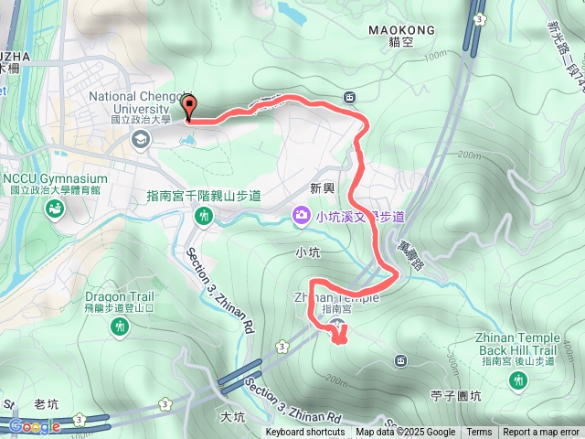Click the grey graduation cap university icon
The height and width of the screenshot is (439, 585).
coord(141,139)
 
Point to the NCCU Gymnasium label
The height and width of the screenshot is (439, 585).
coord(54,178)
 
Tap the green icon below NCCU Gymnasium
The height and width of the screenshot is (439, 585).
coord(54,210)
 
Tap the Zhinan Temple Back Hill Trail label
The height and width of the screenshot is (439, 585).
coord(517,344)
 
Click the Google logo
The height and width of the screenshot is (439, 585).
coord(35,426)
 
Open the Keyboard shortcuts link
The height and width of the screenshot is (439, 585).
coord(305,433)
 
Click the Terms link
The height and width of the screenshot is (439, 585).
coord(479,433)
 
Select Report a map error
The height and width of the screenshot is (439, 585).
coord(541,433)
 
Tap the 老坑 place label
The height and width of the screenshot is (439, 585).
coord(46,403)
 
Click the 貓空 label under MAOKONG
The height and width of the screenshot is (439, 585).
coord(399,42)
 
